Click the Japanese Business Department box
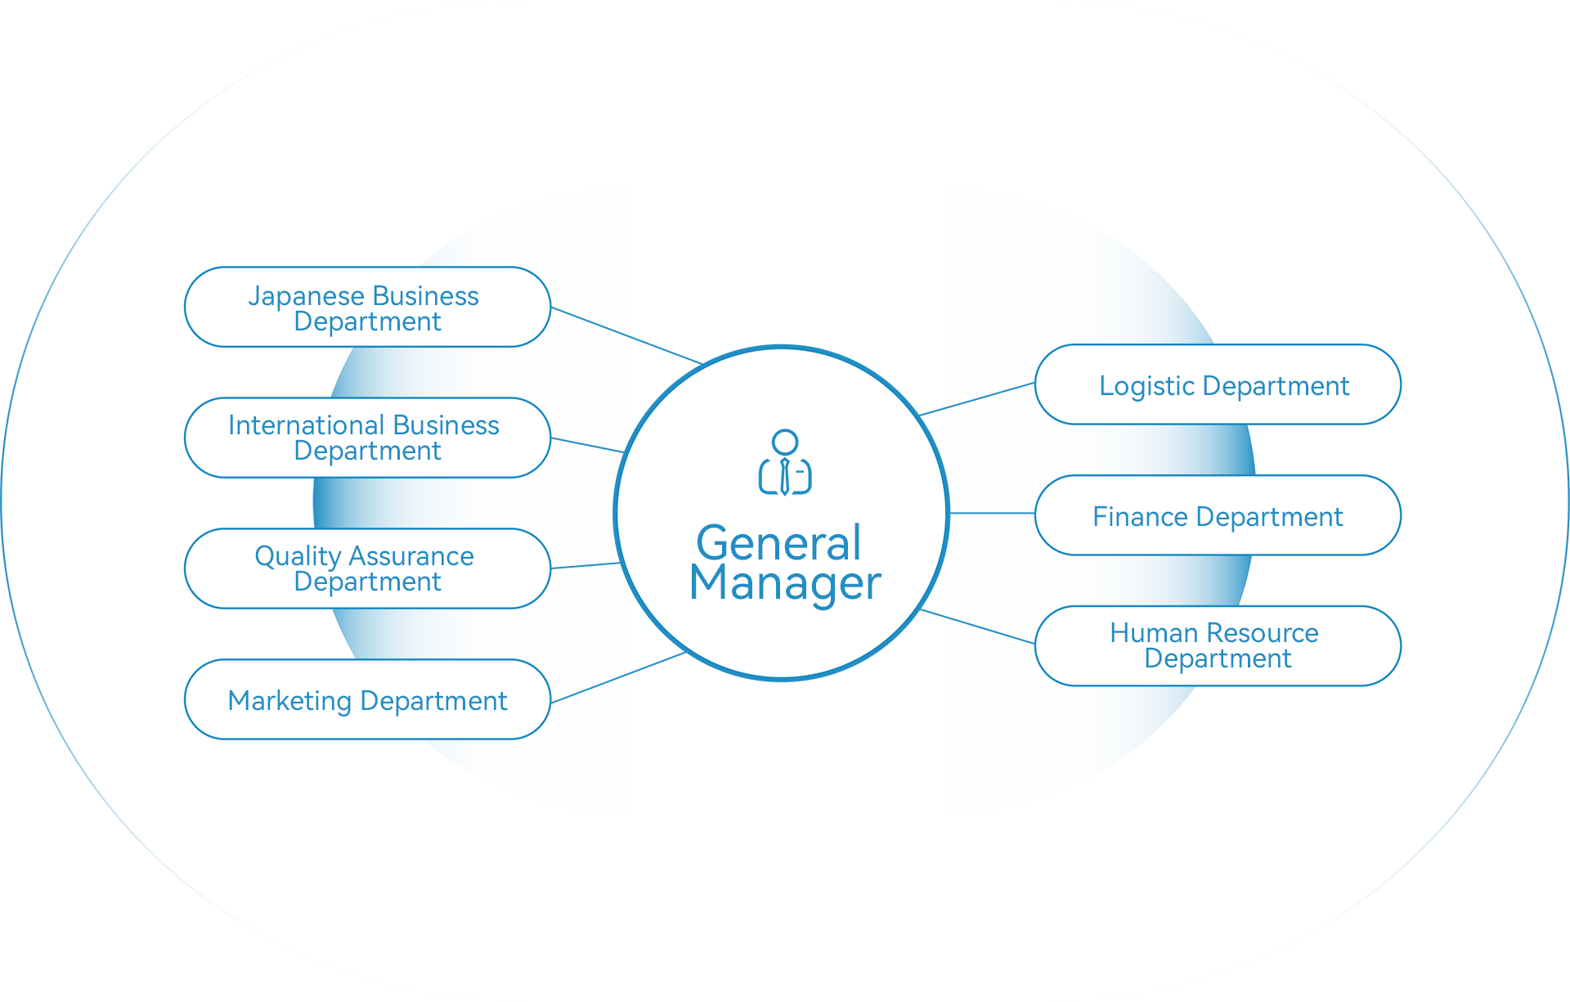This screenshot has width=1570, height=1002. tap(368, 307)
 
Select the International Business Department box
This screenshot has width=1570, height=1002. tap(368, 438)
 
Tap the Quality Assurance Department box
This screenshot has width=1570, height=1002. tap(368, 568)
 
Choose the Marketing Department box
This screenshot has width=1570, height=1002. tap(368, 699)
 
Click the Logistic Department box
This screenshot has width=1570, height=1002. tap(1217, 384)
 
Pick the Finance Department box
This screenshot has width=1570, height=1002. tap(1217, 515)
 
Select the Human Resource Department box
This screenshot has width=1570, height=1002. tap(1217, 646)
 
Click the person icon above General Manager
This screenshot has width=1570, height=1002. tap(785, 463)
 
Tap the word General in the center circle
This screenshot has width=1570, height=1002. tap(778, 542)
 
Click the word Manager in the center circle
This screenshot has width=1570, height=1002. tap(785, 583)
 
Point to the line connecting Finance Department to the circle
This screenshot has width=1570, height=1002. tap(992, 514)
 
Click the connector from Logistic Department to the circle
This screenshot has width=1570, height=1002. tap(979, 398)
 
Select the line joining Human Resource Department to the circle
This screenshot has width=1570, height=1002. tap(979, 627)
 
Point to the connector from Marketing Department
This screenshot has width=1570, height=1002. tap(603, 683)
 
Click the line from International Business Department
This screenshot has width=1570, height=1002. tap(587, 445)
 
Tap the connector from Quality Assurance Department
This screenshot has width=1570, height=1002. tap(585, 565)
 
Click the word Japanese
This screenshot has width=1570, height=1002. tap(306, 296)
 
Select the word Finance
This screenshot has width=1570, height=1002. tap(1140, 517)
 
